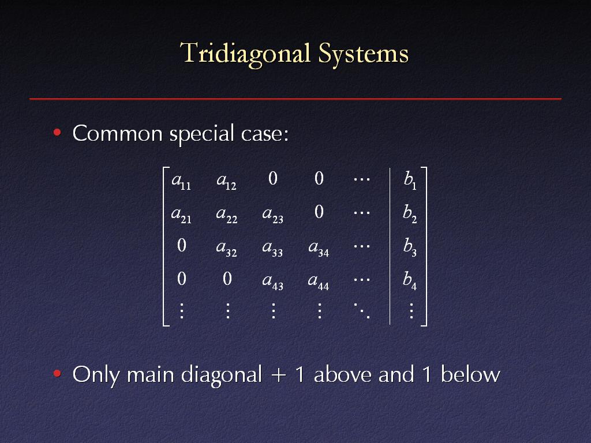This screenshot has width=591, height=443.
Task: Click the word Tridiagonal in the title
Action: [245, 54]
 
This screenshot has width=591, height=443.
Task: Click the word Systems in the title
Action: [364, 53]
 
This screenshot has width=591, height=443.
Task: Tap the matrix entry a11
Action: [181, 181]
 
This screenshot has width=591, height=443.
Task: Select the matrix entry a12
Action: [226, 181]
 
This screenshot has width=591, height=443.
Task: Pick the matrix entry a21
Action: [181, 215]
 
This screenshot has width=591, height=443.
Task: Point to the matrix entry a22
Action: [227, 215]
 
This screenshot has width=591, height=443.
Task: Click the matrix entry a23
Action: [272, 215]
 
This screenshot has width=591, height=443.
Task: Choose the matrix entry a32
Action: [226, 248]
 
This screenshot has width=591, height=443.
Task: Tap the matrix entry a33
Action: [272, 248]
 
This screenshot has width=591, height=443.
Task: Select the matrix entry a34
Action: [319, 248]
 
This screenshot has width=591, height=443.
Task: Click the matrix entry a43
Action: [272, 281]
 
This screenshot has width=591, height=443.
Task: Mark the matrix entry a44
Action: [319, 281]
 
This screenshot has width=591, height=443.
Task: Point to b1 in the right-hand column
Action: [410, 180]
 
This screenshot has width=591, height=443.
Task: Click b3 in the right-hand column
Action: [410, 247]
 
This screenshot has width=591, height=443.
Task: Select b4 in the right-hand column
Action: [410, 281]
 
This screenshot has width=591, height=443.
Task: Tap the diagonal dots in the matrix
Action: [362, 311]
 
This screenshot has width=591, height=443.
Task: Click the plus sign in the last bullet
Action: [279, 375]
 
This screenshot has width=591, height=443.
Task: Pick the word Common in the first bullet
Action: [117, 133]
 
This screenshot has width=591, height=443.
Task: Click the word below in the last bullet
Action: [470, 374]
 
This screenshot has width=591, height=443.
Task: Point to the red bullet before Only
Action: [57, 373]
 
